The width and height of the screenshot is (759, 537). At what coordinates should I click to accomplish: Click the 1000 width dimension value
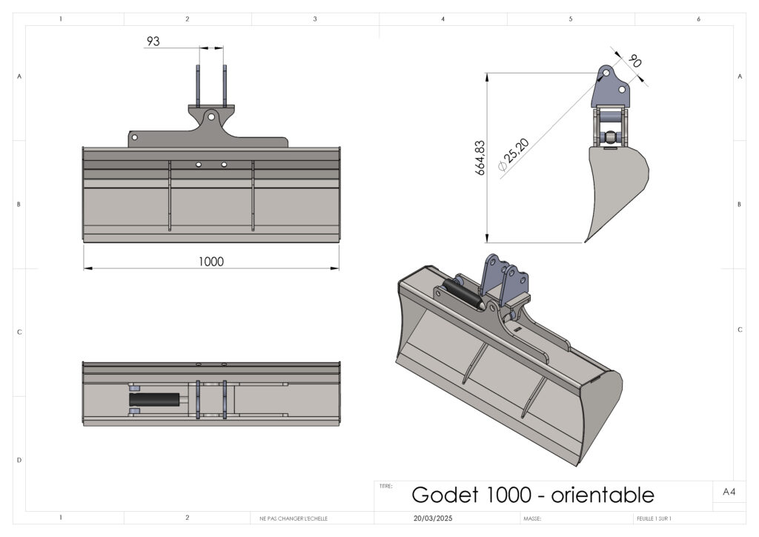pyautogui.click(x=211, y=262)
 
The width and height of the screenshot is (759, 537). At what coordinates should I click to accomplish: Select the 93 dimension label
pyautogui.click(x=153, y=41)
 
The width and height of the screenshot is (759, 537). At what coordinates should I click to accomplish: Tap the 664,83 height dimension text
pyautogui.click(x=480, y=158)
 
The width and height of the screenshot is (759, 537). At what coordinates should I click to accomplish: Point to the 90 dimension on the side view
pyautogui.click(x=634, y=61)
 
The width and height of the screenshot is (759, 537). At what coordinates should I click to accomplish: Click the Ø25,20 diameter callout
pyautogui.click(x=514, y=155)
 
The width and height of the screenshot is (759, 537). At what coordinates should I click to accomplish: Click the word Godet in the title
pyautogui.click(x=445, y=495)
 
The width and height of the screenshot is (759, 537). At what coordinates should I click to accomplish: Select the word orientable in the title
pyautogui.click(x=603, y=495)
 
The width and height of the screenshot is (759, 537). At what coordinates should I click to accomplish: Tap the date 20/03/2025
pyautogui.click(x=433, y=518)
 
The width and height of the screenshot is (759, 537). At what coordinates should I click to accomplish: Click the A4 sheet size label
pyautogui.click(x=729, y=492)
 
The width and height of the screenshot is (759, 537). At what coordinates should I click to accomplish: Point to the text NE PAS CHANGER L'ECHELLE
pyautogui.click(x=294, y=518)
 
